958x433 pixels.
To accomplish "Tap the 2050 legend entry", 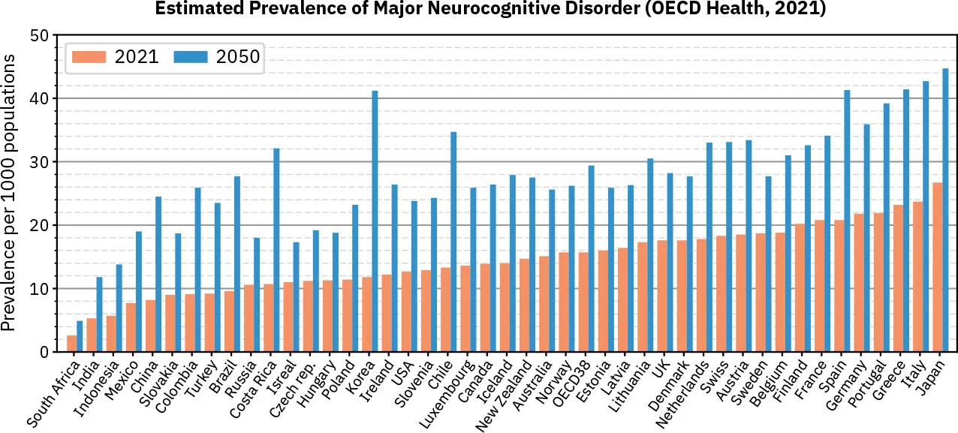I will pos(218,57).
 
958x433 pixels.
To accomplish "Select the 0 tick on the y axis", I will pos(44,352).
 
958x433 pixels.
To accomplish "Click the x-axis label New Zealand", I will pos(505,393).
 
